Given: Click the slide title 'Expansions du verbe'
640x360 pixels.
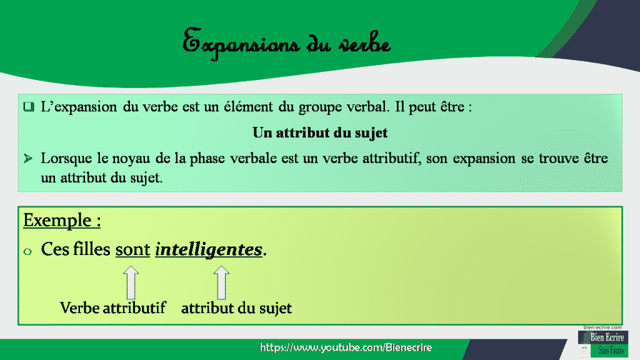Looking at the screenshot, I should (287, 44).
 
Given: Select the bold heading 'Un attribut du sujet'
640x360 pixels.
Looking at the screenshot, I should (320, 132).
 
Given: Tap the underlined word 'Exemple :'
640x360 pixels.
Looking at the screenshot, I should (62, 221).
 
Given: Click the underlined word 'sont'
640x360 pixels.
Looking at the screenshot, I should (132, 250).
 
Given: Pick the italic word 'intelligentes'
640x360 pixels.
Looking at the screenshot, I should (208, 250).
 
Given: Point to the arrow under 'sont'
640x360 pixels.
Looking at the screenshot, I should (131, 282).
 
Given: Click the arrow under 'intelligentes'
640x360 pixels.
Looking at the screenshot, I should (221, 282).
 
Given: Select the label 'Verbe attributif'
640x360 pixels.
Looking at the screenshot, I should (112, 308).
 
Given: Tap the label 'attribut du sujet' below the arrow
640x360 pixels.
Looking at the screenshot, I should (236, 308).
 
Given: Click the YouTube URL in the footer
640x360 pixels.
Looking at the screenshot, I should (346, 347).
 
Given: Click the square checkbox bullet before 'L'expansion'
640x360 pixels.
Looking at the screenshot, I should (28, 107).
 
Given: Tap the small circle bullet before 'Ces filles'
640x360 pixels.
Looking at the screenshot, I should (27, 251).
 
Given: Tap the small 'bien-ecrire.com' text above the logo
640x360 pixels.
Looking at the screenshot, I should (602, 327).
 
